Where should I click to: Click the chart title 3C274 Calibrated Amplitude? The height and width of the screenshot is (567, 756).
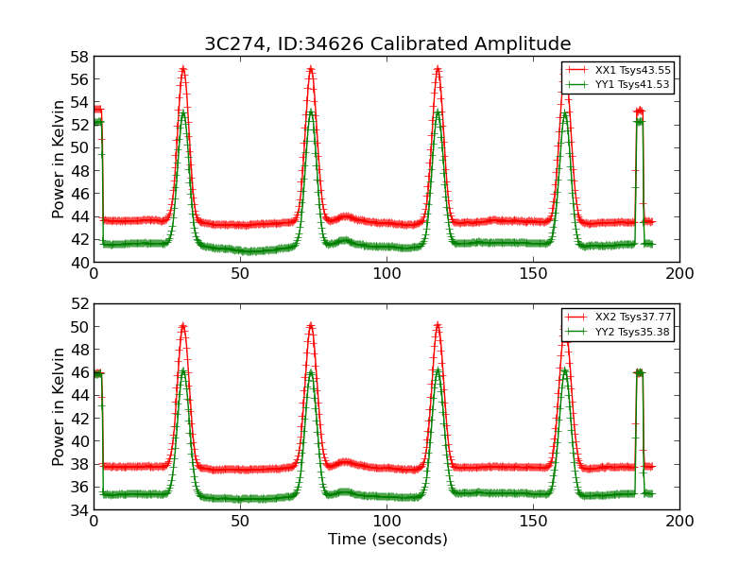pos(387,44)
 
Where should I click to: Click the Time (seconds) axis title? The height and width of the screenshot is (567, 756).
pos(387,540)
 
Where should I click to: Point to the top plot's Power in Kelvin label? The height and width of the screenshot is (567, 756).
pos(60,159)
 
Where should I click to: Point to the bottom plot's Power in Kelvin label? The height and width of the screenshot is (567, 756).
pos(60,406)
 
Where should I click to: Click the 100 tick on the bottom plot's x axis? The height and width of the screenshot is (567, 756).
pos(387,521)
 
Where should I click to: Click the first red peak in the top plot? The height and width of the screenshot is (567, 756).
pos(182,69)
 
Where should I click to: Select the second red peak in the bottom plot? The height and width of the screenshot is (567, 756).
pos(310,326)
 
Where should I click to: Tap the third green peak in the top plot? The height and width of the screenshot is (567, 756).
pos(438,112)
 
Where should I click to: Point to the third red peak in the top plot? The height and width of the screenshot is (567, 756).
pos(438,69)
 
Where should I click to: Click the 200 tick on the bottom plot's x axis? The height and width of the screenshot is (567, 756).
pos(679,521)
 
